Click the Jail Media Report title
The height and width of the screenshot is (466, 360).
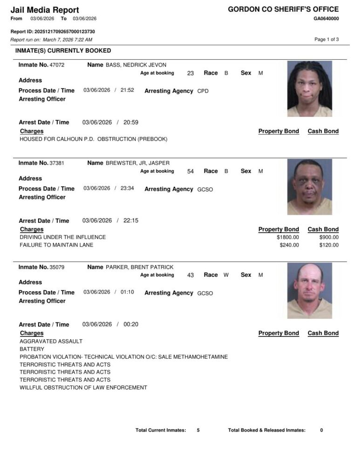point(45,10)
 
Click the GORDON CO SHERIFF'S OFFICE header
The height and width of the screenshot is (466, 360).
point(283,9)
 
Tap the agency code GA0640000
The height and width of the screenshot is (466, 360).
point(326,19)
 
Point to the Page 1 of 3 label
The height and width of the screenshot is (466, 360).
point(326,40)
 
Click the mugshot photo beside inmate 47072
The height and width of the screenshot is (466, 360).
point(309,89)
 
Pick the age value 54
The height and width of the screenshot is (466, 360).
point(190,171)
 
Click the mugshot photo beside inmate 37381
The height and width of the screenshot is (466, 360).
point(309,187)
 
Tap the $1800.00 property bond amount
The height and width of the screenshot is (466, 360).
point(288,237)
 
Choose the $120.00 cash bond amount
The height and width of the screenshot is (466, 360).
point(329,245)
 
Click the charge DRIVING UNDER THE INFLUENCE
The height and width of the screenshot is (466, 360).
point(62,237)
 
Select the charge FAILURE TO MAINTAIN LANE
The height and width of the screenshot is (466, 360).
point(56,245)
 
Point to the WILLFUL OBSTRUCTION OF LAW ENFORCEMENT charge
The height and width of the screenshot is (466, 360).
point(83,388)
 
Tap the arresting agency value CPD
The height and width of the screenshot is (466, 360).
point(203,91)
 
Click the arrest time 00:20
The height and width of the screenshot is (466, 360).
point(131,324)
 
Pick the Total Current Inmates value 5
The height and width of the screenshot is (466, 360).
point(198,430)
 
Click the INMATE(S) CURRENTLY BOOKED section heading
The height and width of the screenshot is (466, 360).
point(63,50)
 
